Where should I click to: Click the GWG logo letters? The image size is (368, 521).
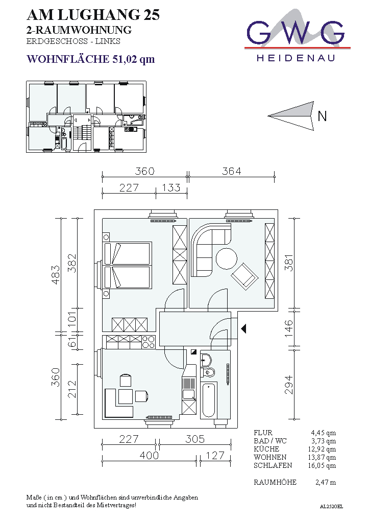coord(296,33)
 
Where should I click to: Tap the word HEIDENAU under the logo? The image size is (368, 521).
coord(296,58)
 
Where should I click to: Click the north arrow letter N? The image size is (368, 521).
coord(322,116)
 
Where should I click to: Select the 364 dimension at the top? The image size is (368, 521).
coord(232,171)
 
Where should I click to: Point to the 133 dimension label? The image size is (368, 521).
coord(171,188)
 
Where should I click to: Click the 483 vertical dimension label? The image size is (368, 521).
coord(56,274)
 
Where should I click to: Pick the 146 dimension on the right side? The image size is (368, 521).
coord(289,328)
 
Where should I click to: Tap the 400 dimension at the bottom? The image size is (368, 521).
coord(149,455)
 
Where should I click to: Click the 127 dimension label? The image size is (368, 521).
coord(215,455)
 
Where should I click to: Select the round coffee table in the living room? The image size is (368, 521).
coord(227,258)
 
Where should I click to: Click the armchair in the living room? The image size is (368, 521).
coord(245,276)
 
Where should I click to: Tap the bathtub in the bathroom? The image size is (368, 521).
coord(209,400)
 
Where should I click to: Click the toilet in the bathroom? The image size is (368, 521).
coord(208,372)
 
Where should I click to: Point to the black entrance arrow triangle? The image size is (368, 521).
coord(243,329)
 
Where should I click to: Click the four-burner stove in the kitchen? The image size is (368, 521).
coord(149,342)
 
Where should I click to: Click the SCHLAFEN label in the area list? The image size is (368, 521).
coord(273,465)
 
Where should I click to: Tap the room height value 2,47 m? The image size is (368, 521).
coord(326,482)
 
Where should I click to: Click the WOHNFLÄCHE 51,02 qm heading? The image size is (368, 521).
coord(91,59)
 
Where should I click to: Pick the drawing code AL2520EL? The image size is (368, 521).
coord(331,507)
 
